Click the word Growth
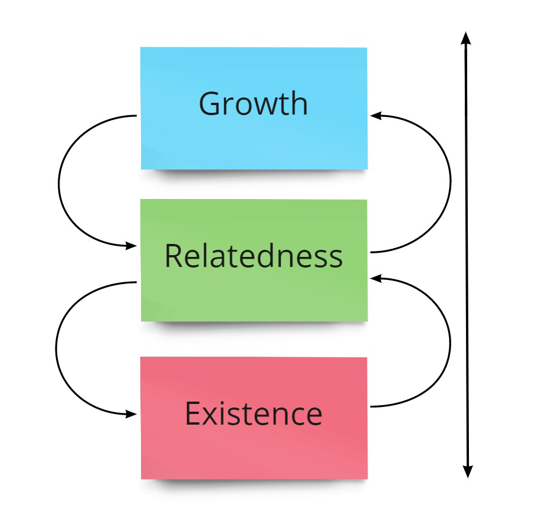tap(253, 103)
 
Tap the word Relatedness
tap(253, 256)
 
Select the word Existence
tap(253, 413)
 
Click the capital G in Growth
tap(211, 104)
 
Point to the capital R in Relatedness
tap(172, 256)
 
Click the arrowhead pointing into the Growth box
tap(375, 116)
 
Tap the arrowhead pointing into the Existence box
tap(133, 415)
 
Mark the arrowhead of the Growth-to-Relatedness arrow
tap(133, 246)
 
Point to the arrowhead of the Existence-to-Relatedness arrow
tap(375, 276)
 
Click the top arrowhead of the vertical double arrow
tap(466, 38)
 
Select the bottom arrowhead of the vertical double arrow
tap(467, 471)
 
